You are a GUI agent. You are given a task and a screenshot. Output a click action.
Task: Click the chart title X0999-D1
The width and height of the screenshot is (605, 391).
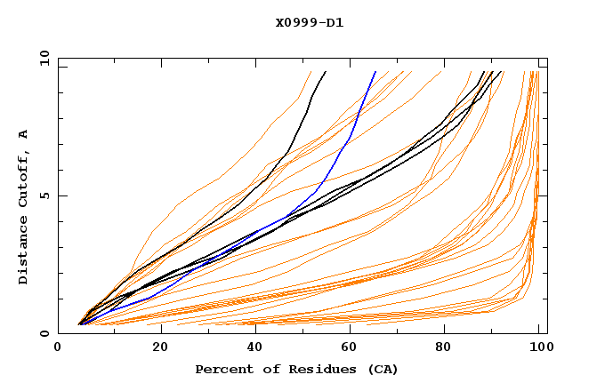pos(309,22)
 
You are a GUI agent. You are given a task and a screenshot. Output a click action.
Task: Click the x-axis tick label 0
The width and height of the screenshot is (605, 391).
pos(58,349)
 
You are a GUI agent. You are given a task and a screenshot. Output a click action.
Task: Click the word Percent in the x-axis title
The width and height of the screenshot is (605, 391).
pos(222,370)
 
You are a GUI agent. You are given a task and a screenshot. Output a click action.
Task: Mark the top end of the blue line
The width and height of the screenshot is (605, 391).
pos(375,72)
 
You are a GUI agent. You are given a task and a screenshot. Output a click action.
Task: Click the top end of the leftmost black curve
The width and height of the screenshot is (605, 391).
pos(326,72)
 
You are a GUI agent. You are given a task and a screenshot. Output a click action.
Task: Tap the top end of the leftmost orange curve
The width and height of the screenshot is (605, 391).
pos(311,72)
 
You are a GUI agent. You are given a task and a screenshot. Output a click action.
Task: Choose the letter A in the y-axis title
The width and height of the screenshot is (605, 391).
pos(23,133)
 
